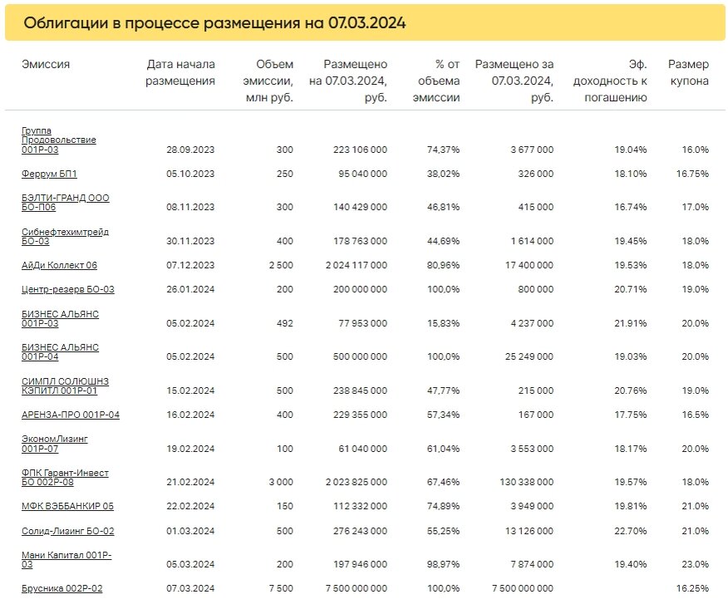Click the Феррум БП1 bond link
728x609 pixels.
[x=49, y=174]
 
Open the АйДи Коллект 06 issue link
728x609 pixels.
[x=59, y=265]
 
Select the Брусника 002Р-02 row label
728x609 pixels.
[x=61, y=588]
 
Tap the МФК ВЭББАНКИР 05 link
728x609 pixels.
[x=67, y=505]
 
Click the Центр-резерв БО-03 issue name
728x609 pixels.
[x=67, y=289]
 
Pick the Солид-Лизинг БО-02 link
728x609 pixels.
[x=67, y=530]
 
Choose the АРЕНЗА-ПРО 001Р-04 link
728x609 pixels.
[x=71, y=414]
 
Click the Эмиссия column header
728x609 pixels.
[x=46, y=65]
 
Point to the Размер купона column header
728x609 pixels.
[x=688, y=73]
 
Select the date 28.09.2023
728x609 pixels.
[x=190, y=150]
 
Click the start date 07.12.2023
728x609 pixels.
[x=190, y=266]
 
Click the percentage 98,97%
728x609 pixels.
[x=443, y=564]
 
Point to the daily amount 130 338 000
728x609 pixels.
[x=521, y=482]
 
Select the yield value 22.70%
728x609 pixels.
[x=629, y=531]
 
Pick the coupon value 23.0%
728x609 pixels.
[x=695, y=564]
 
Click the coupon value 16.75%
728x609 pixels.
[x=692, y=174]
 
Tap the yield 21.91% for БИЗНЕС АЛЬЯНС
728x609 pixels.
[x=629, y=324]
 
